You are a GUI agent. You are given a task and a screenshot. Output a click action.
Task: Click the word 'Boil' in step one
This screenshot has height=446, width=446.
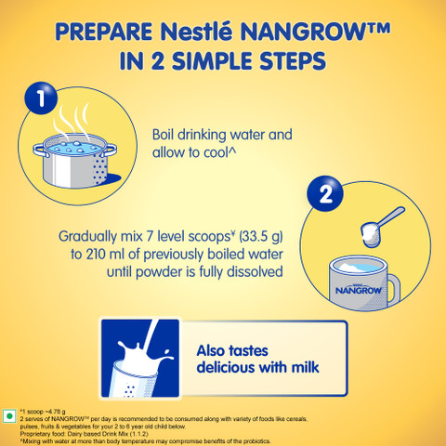point(166,135)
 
